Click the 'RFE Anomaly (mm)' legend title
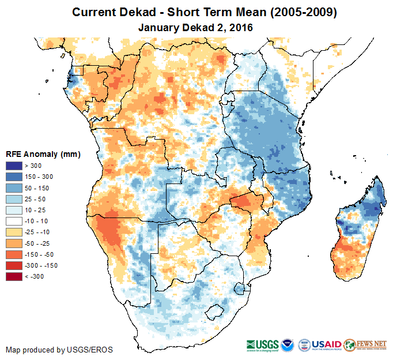point(43,155)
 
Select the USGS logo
point(263,344)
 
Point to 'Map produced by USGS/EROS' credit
point(59,350)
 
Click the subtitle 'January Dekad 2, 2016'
point(196,27)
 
